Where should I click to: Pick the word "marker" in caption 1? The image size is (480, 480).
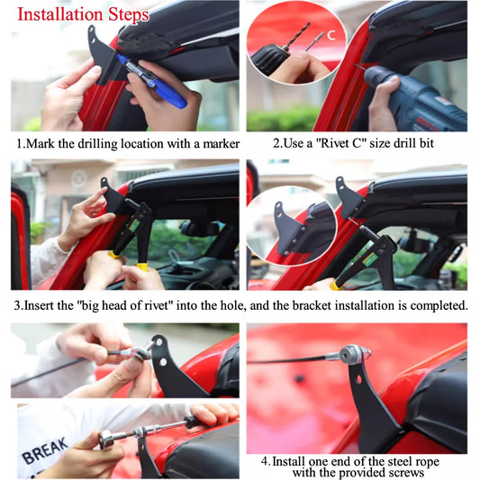pos(214,144)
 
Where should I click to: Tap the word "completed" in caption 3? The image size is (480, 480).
pos(434,305)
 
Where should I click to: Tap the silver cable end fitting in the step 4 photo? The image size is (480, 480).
pos(352,353)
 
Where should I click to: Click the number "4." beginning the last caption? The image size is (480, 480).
pos(266,460)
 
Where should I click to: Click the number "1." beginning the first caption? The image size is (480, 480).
pos(20,144)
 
